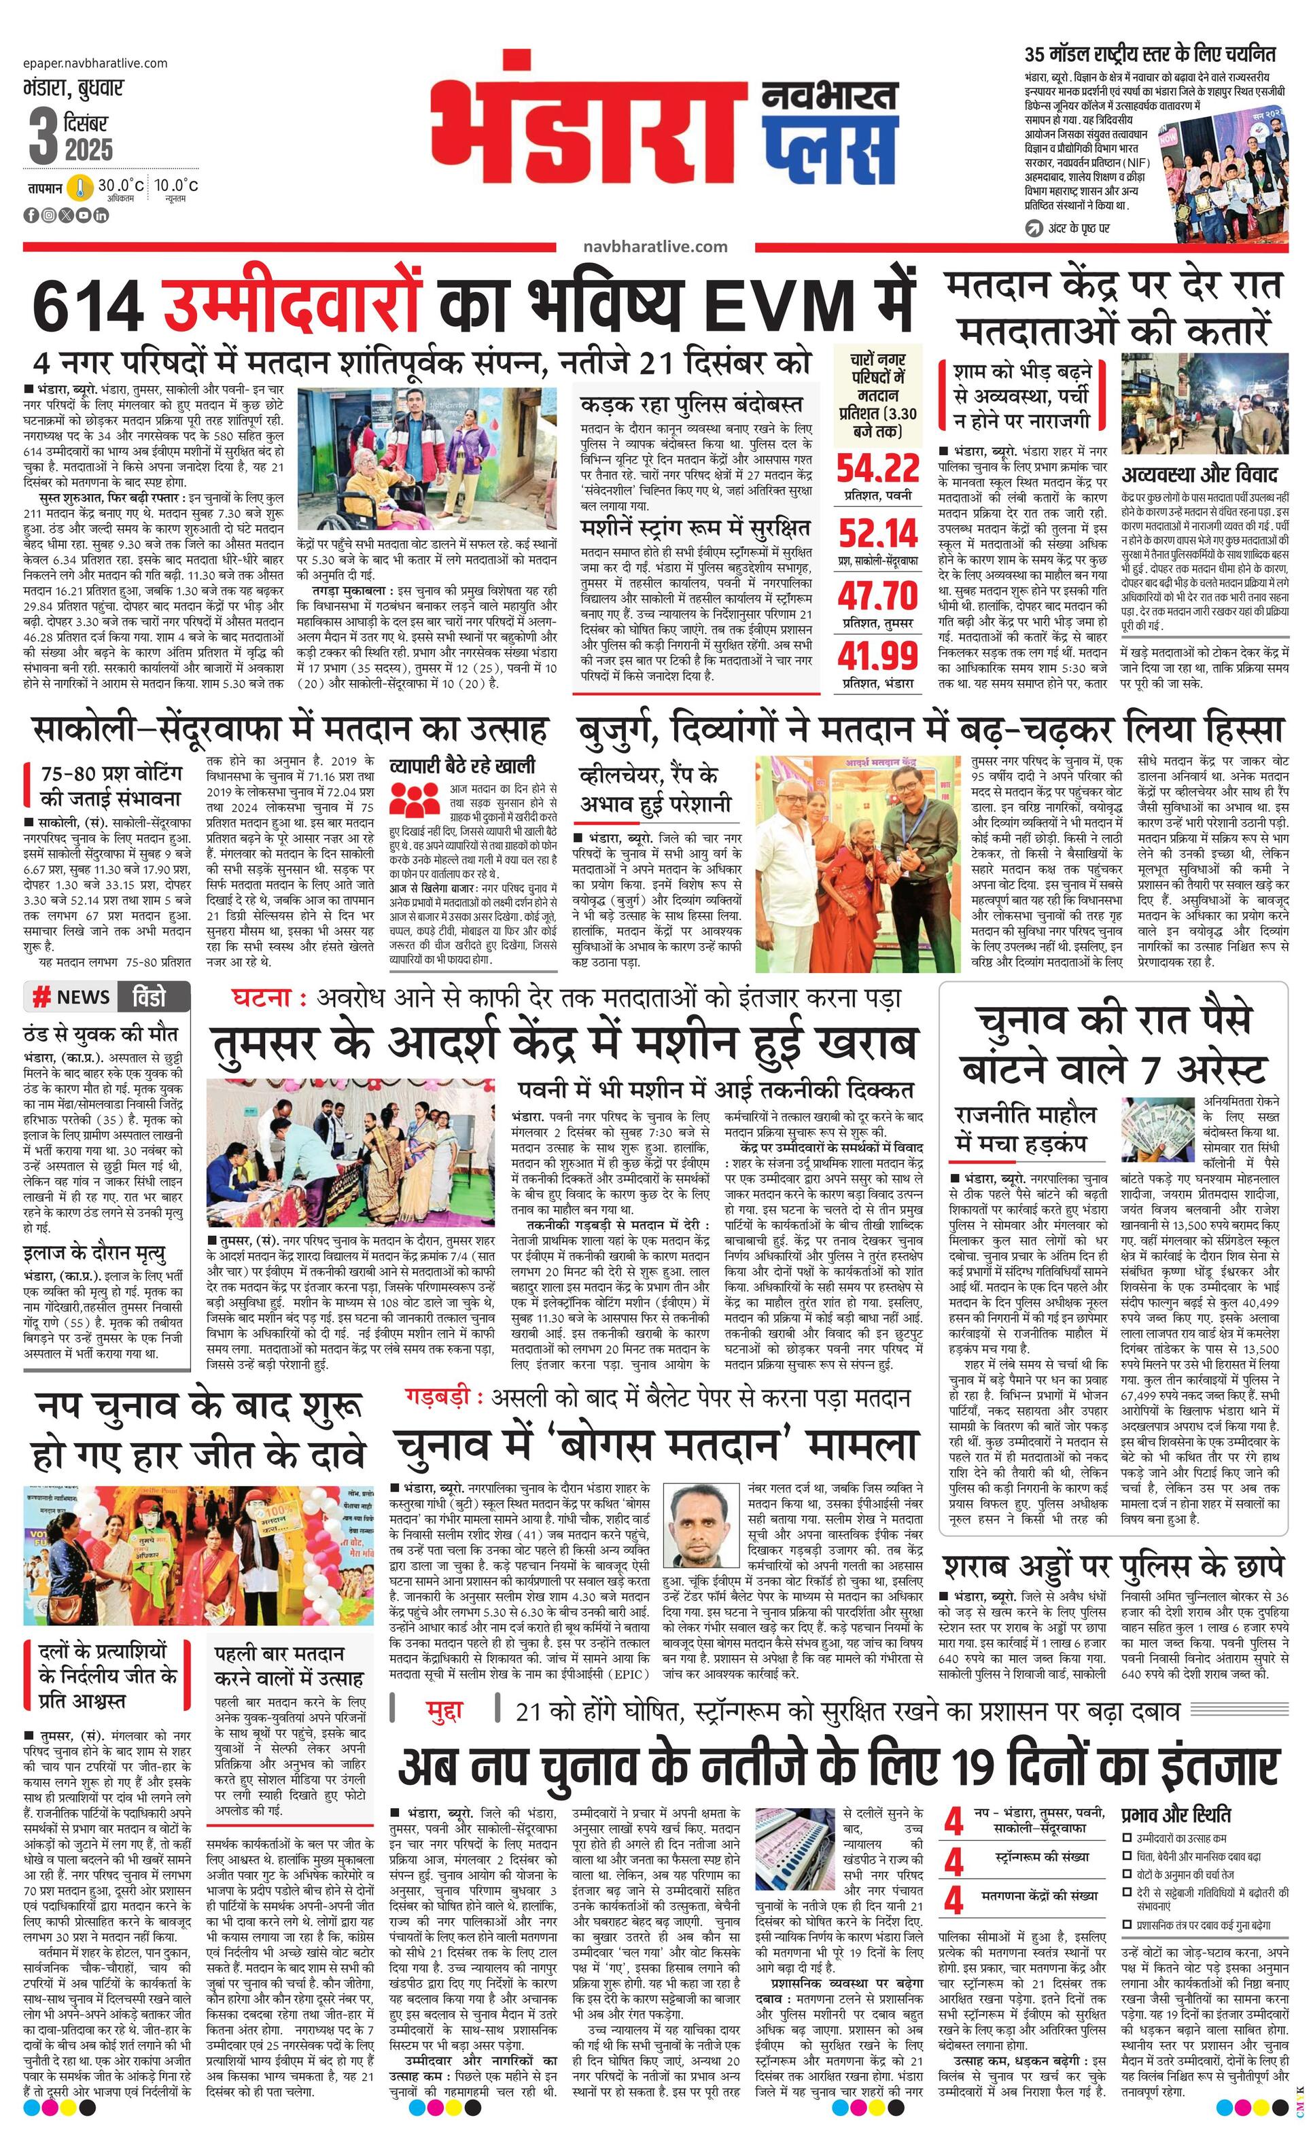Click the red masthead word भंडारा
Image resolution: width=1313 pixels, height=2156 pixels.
(x=591, y=122)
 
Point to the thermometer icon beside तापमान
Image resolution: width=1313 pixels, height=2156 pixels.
(x=82, y=188)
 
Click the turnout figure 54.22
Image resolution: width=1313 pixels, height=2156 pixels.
(x=877, y=468)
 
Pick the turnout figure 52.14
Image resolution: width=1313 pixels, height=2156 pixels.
(x=877, y=532)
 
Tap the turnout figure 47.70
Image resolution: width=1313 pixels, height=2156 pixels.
(x=877, y=596)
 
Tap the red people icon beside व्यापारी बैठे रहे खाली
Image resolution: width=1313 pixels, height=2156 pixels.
(x=413, y=799)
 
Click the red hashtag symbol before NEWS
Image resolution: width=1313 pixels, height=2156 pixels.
(x=40, y=997)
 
